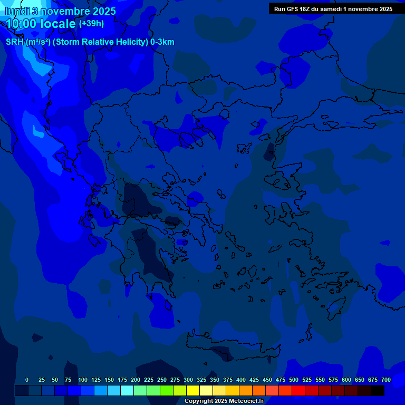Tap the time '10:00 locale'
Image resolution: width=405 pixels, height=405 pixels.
[x=41, y=24]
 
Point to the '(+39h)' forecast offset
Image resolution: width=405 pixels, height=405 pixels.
[x=91, y=24]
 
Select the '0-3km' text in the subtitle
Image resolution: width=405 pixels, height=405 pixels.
[x=162, y=42]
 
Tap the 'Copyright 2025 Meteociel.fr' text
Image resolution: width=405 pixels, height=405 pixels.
[x=224, y=401]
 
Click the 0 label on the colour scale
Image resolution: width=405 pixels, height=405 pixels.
[x=27, y=380]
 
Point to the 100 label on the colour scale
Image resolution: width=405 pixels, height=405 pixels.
[x=83, y=380]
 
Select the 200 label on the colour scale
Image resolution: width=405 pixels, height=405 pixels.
[x=136, y=380]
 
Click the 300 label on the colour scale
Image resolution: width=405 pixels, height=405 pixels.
[x=188, y=380]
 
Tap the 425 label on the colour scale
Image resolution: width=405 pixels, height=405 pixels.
[x=254, y=380]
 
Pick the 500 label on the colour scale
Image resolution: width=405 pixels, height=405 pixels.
[x=294, y=380]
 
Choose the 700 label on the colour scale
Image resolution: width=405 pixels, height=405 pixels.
[x=386, y=380]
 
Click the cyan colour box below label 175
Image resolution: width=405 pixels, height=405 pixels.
[x=127, y=390]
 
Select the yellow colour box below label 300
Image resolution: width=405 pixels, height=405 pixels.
[x=193, y=390]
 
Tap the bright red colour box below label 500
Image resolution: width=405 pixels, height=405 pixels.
[x=298, y=390]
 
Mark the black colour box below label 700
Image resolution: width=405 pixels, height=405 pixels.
[x=378, y=390]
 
